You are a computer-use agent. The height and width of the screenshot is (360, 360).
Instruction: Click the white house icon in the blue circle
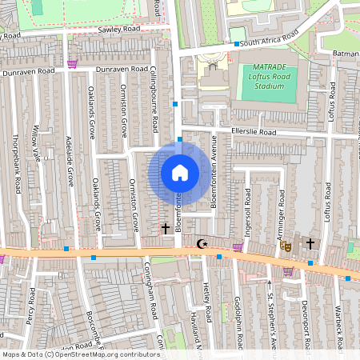[180, 173]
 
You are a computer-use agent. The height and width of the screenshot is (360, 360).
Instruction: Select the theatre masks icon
[283, 247]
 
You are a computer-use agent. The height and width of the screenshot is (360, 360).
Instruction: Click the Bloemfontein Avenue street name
[214, 179]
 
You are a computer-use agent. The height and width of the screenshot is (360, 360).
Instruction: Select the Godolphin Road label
[239, 321]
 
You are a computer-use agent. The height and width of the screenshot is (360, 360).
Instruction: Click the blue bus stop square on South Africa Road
[237, 43]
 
